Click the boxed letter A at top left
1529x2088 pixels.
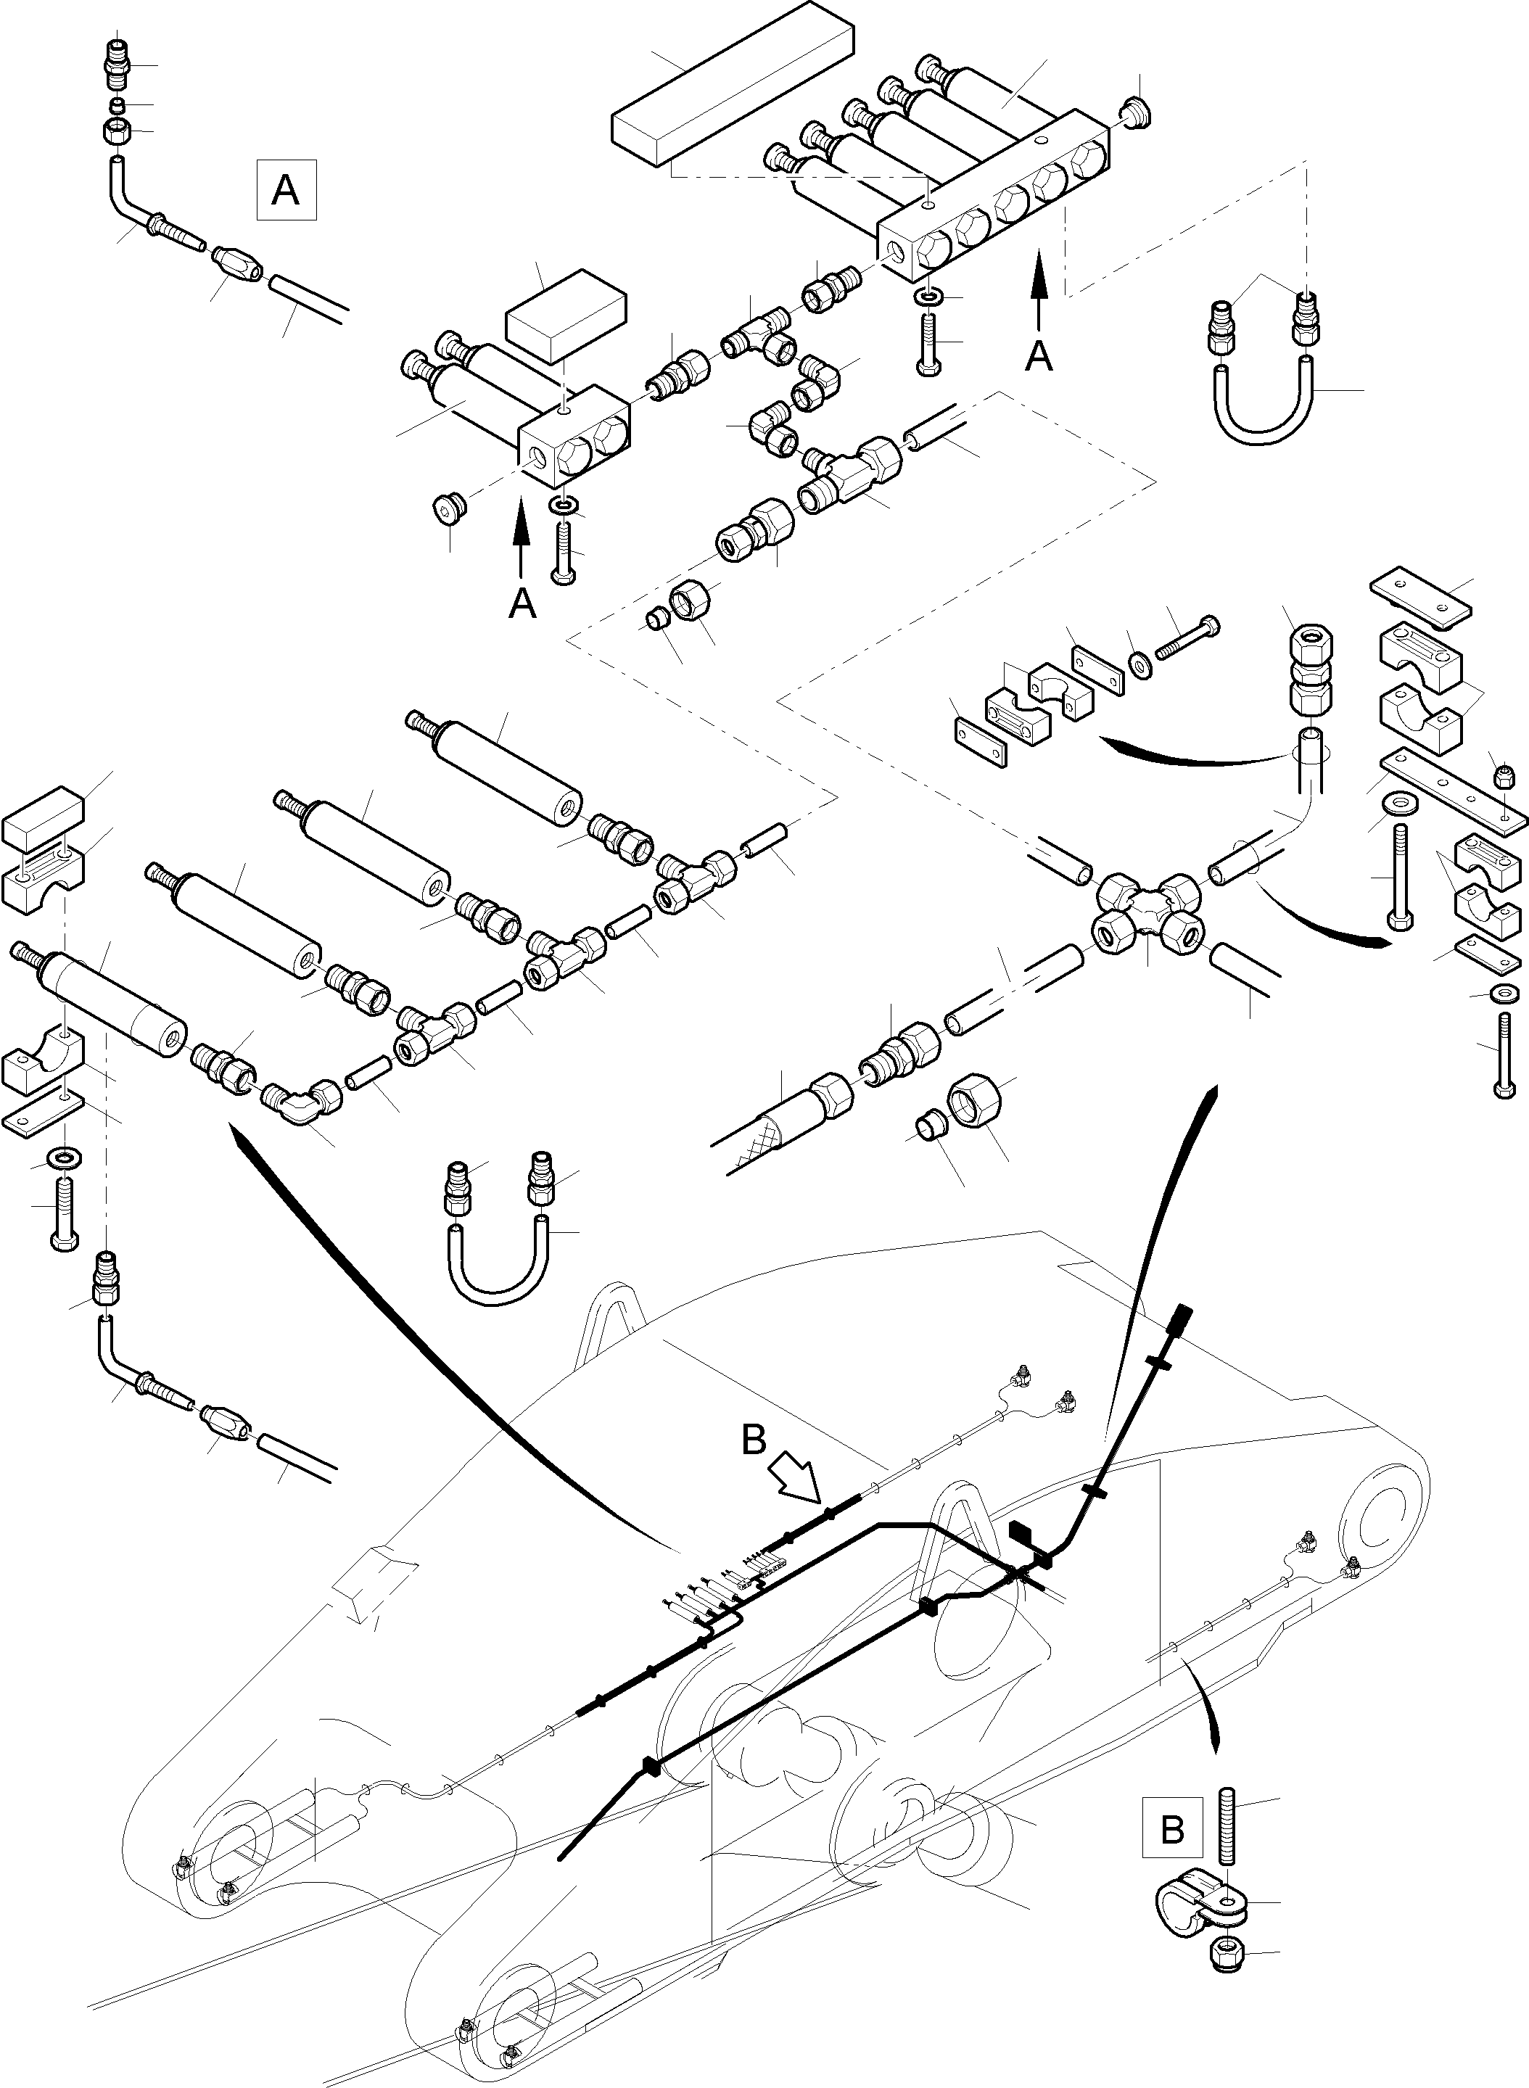click(286, 190)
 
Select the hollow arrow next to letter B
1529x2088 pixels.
click(798, 1484)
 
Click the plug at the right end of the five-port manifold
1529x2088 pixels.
click(1137, 111)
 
